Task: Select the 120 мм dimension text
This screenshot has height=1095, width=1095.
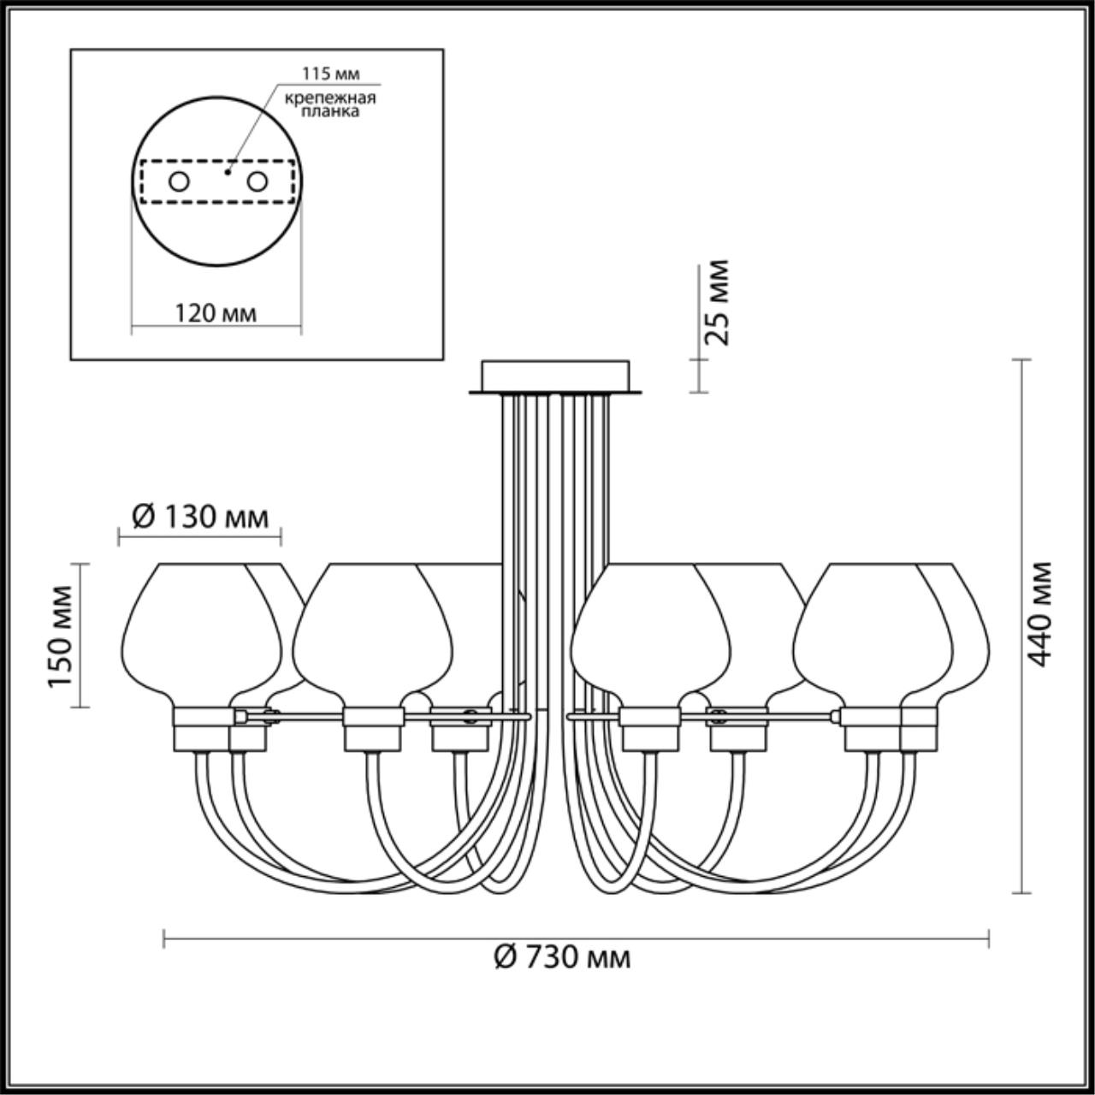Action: [x=216, y=313]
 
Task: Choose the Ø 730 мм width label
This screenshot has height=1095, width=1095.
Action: [x=562, y=956]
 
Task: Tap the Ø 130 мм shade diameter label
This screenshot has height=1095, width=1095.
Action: [x=200, y=517]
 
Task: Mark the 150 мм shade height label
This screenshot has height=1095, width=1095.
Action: [x=60, y=636]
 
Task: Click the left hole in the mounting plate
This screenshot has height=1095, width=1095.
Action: [x=179, y=181]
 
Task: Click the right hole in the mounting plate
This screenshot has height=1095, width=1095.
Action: [x=257, y=181]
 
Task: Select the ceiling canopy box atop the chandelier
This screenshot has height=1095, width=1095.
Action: [x=555, y=376]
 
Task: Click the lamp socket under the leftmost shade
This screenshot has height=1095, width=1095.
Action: [x=202, y=728]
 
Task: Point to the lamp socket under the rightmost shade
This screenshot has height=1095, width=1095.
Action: [x=872, y=728]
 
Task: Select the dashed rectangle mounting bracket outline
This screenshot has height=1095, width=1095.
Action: [x=217, y=202]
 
